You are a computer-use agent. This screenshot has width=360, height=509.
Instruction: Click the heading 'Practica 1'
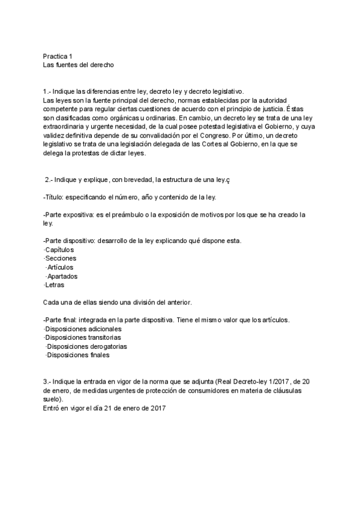(x=58, y=55)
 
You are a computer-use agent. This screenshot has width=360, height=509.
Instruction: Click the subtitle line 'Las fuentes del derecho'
(x=78, y=64)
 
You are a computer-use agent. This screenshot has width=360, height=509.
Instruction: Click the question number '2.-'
(x=50, y=179)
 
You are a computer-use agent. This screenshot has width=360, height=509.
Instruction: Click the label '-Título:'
(x=56, y=197)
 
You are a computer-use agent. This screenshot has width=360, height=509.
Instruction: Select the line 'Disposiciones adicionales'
(x=83, y=329)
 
